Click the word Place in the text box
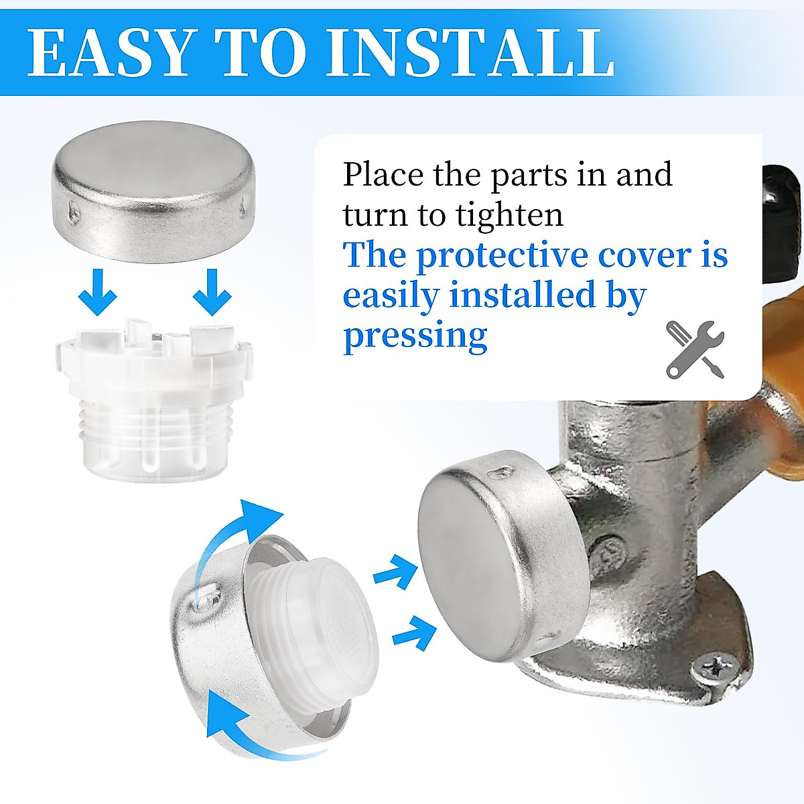[383, 176]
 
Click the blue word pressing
[415, 336]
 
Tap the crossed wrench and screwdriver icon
[695, 349]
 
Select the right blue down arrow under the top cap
[212, 292]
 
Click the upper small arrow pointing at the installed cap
[395, 573]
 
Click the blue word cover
[645, 257]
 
